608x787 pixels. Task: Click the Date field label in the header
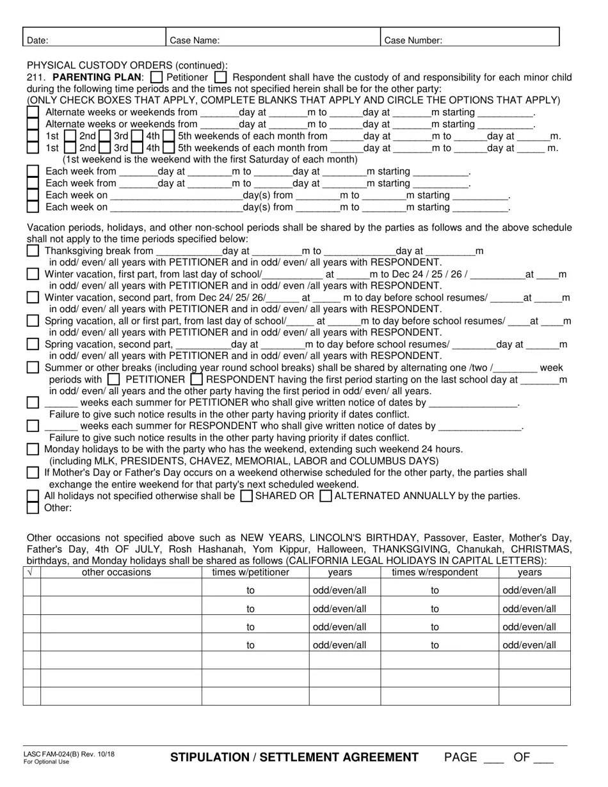[x=37, y=40]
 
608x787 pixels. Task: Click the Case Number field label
[x=413, y=40]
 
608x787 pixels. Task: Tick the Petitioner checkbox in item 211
[x=156, y=77]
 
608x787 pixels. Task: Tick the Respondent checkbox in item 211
[x=220, y=77]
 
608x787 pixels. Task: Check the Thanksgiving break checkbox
[x=33, y=251]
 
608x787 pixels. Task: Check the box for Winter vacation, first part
[x=33, y=274]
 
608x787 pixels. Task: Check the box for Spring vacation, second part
[x=33, y=344]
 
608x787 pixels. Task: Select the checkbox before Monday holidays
[x=33, y=449]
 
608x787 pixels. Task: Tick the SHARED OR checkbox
[x=245, y=496]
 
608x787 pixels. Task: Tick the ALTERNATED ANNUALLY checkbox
[x=325, y=496]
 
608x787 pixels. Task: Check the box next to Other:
[x=33, y=508]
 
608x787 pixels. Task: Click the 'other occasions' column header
[x=116, y=573]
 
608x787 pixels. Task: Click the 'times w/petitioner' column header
[x=251, y=573]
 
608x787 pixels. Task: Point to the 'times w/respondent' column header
[x=435, y=573]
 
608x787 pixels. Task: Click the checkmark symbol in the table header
[x=29, y=573]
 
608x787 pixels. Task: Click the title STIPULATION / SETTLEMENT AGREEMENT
[x=294, y=758]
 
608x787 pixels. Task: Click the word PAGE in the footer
[x=461, y=758]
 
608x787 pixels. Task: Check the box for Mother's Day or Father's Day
[x=33, y=473]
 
